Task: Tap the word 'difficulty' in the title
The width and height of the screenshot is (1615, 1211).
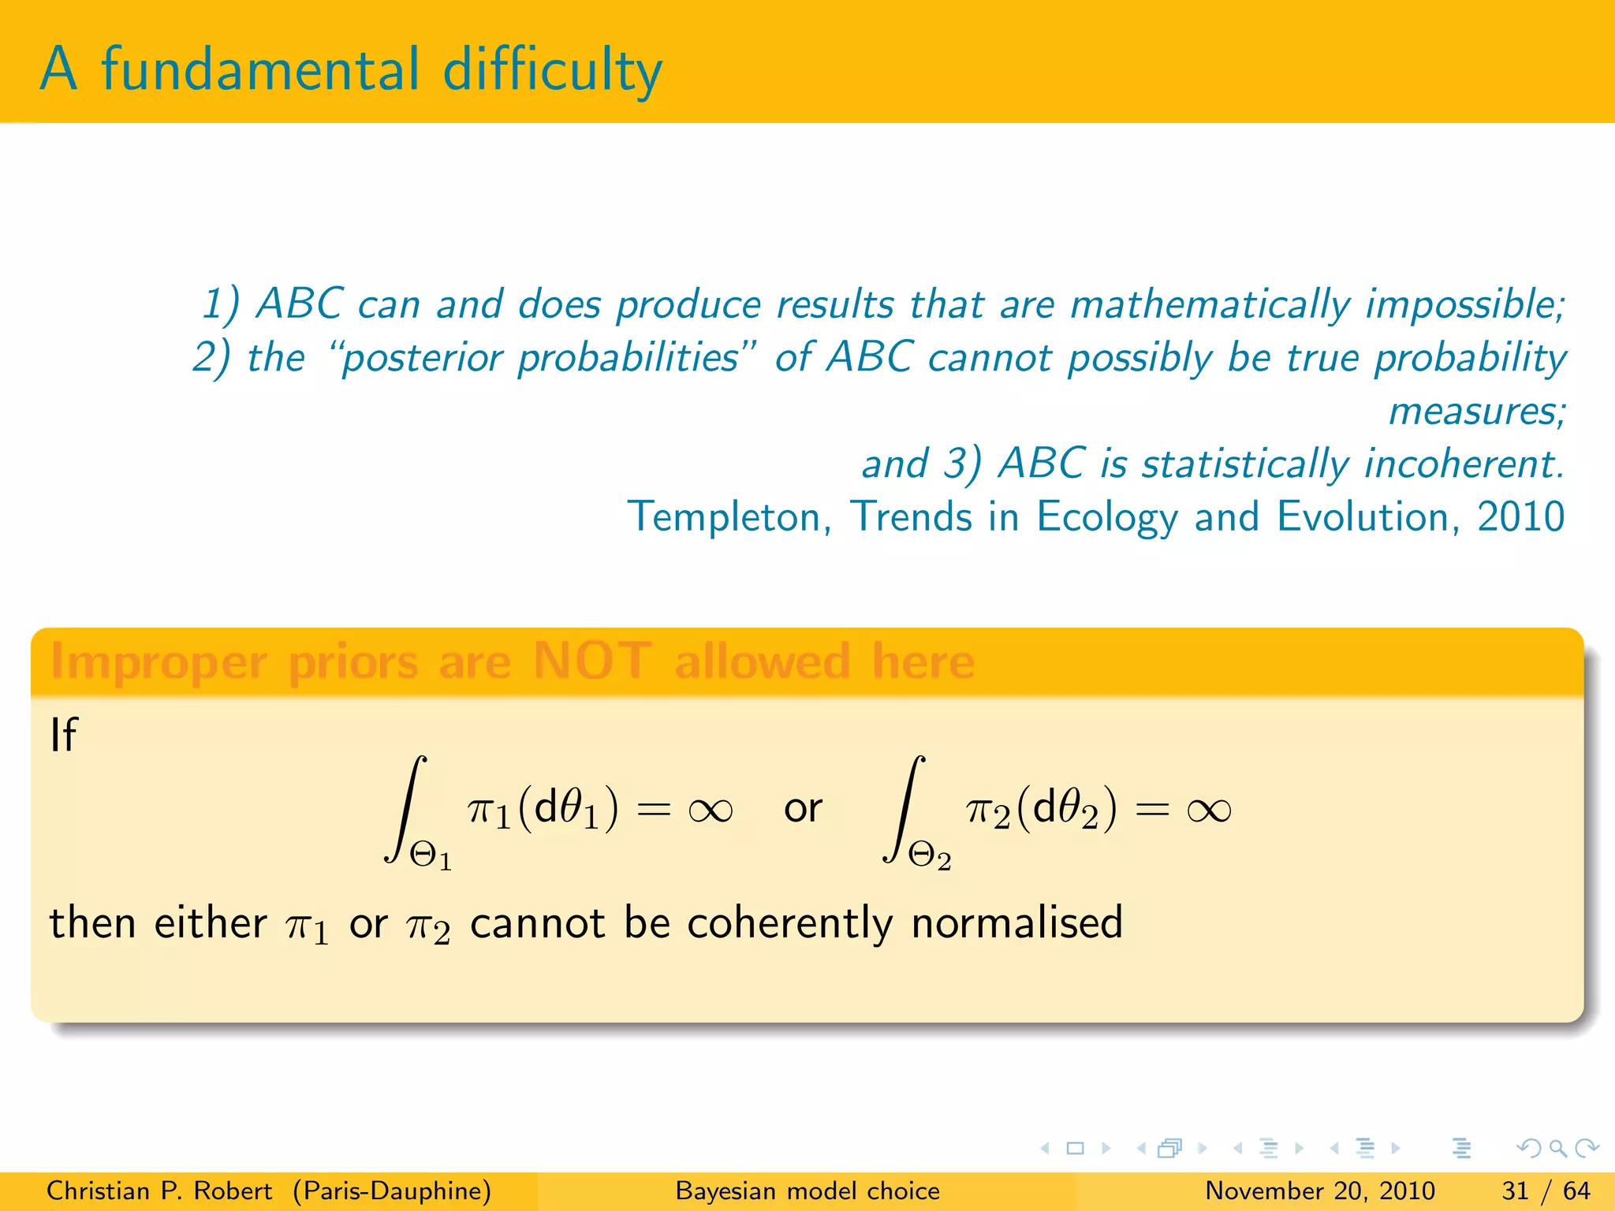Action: [x=552, y=71]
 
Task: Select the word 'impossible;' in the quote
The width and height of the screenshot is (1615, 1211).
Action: [x=1465, y=305]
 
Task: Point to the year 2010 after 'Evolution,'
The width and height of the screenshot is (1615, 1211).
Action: [x=1520, y=517]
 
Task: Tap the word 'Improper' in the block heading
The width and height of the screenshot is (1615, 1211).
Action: [x=159, y=662]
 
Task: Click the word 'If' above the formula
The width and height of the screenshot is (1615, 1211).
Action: [x=63, y=735]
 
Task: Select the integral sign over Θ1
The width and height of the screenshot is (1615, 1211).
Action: [x=405, y=808]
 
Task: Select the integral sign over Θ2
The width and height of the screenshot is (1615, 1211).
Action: [x=904, y=808]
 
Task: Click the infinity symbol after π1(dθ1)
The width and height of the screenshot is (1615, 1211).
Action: [x=711, y=810]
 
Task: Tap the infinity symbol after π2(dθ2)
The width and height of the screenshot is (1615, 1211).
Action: [x=1208, y=810]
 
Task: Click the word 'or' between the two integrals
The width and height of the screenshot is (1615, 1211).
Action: [x=803, y=809]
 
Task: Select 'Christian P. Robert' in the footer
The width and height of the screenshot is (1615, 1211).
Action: [x=159, y=1191]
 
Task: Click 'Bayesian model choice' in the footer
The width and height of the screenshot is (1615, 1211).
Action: [x=807, y=1191]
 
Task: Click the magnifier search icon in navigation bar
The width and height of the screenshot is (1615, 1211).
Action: [x=1557, y=1148]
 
